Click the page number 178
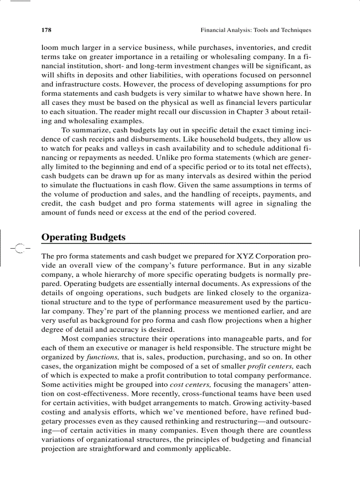coord(46,30)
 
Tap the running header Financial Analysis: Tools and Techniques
coord(256,30)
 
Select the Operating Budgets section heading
coord(83,237)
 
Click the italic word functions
coord(104,357)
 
